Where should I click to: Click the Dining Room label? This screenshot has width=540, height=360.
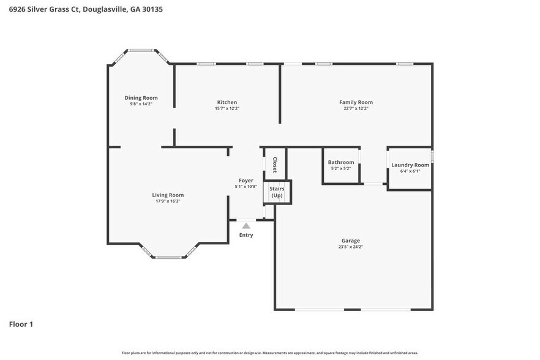tap(141, 98)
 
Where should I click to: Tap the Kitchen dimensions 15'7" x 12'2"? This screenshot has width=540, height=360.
tap(227, 108)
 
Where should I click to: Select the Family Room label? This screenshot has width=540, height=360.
tap(356, 102)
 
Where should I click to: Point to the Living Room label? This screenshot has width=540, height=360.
tap(168, 195)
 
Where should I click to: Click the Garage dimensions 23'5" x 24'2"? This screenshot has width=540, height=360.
tap(351, 247)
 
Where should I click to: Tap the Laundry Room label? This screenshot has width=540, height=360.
tap(410, 165)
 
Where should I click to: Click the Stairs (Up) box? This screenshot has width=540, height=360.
tap(277, 192)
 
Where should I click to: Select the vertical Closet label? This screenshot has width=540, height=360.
tap(275, 165)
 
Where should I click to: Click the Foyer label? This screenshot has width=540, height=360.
tap(246, 181)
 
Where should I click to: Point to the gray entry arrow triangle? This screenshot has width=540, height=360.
tap(246, 226)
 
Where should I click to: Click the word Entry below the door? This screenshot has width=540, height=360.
tap(246, 235)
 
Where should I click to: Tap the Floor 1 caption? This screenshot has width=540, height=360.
tap(21, 324)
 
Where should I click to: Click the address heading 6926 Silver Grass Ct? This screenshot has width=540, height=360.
tap(86, 10)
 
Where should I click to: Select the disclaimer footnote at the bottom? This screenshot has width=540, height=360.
tap(270, 353)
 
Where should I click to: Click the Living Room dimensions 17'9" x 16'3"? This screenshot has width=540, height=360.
tap(168, 201)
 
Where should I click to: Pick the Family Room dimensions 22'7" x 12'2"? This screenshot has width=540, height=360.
tap(356, 108)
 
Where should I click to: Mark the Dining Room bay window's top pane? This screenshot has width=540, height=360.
tap(141, 50)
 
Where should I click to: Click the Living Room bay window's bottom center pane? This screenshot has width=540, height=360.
tap(168, 257)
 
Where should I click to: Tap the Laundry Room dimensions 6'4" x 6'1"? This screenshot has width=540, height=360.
tap(410, 171)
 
